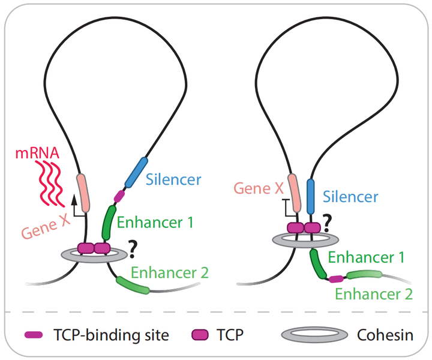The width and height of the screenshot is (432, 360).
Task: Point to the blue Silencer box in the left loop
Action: [136, 172]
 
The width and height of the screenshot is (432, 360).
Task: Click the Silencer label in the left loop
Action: [173, 179]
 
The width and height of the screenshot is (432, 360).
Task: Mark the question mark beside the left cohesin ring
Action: [131, 247]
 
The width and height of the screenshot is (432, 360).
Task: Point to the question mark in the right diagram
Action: [328, 224]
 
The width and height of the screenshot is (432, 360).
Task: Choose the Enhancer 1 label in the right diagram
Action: [366, 258]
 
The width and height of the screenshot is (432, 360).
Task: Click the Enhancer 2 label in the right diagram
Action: [373, 293]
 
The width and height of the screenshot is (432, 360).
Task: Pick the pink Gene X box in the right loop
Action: [293, 191]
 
